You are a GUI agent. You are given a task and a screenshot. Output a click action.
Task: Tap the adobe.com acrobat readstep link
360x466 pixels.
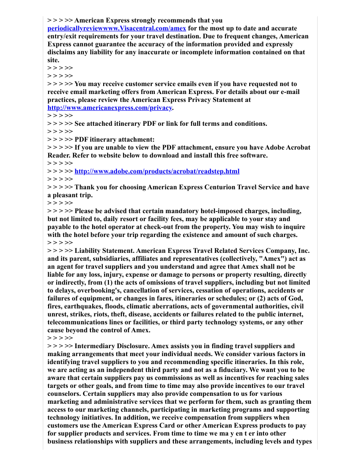[157, 171]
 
